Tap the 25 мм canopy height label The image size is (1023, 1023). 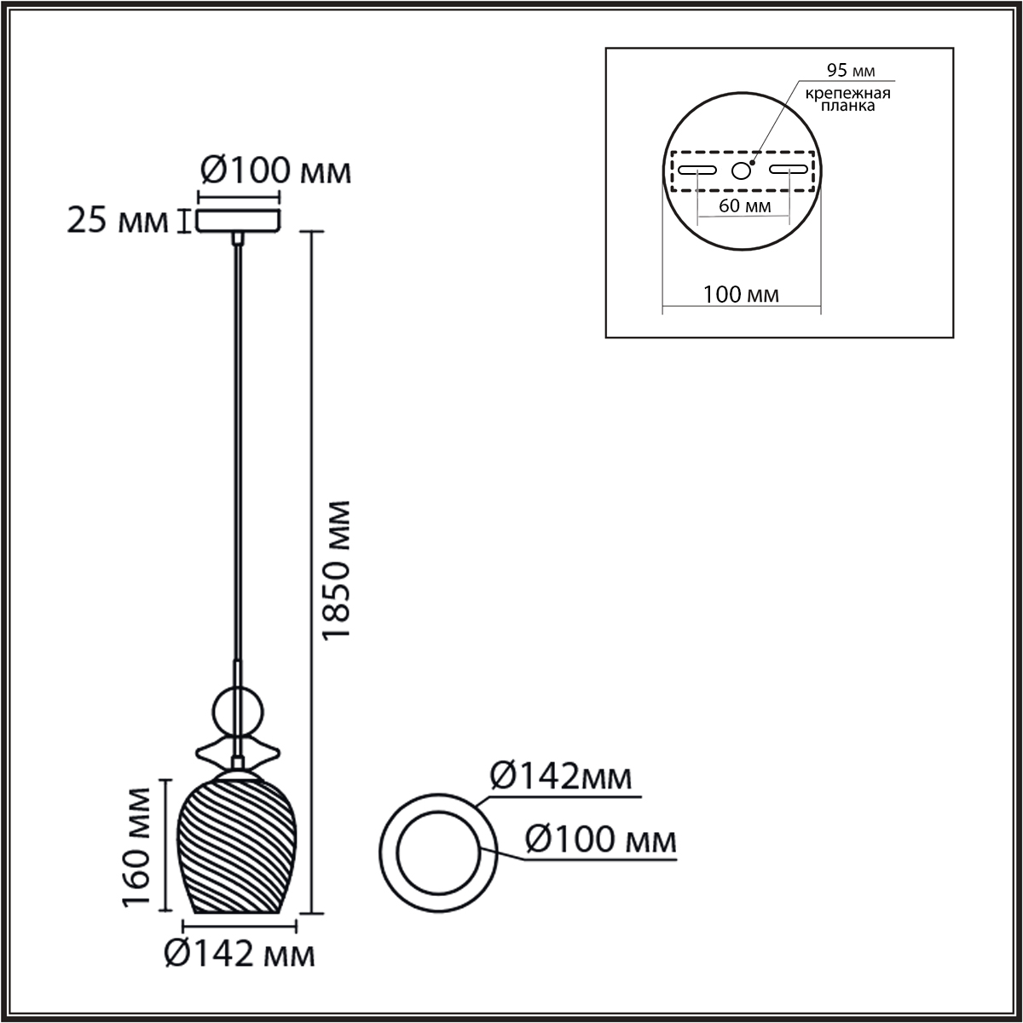coord(118,221)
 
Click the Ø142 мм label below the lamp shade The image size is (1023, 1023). coord(240,969)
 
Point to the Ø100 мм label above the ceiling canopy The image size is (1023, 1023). coord(276,171)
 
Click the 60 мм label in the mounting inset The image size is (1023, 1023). coord(745,205)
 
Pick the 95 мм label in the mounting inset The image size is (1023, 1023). coord(851,70)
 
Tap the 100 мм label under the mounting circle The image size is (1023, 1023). coord(741,295)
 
